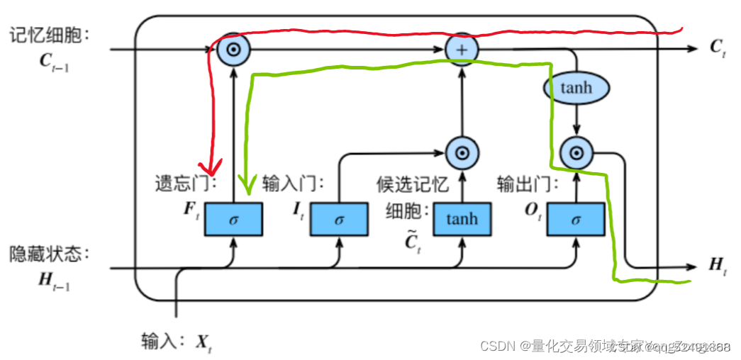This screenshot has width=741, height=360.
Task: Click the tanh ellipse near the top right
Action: [576, 88]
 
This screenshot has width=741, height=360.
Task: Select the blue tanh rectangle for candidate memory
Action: [462, 219]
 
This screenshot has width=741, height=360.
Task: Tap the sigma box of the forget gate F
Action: [233, 219]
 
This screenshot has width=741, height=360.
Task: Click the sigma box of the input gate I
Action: [339, 219]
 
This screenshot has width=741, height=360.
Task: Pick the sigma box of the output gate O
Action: [575, 219]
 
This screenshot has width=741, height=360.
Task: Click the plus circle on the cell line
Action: [462, 49]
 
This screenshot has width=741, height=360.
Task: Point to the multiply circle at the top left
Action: [233, 49]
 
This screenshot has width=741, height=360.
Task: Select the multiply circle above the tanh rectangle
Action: [462, 152]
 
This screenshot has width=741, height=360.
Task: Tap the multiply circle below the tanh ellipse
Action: [576, 152]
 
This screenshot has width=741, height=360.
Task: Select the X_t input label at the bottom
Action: [204, 343]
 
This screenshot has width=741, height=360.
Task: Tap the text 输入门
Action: [291, 184]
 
